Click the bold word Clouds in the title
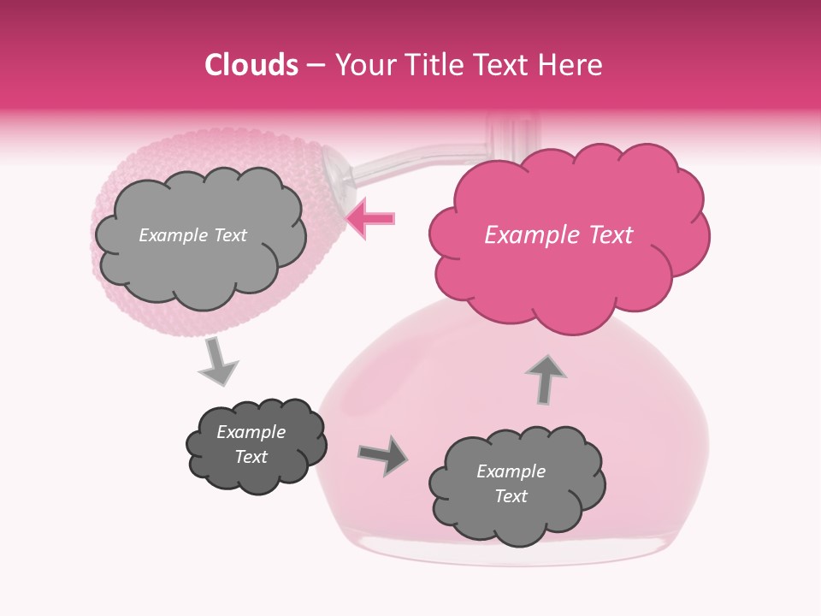click(x=251, y=65)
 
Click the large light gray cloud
click(x=199, y=235)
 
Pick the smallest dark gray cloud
click(x=256, y=445)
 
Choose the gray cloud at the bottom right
click(x=516, y=484)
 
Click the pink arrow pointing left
click(x=371, y=218)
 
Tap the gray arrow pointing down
click(x=218, y=360)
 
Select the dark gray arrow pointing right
click(x=383, y=455)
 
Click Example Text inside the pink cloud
click(x=558, y=234)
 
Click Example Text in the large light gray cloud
click(x=192, y=235)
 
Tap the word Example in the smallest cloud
click(x=251, y=432)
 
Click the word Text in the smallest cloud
click(x=251, y=457)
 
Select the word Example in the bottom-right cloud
click(x=511, y=471)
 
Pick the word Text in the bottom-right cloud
click(x=511, y=496)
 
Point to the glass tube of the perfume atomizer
click(x=410, y=163)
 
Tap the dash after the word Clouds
click(x=315, y=65)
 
